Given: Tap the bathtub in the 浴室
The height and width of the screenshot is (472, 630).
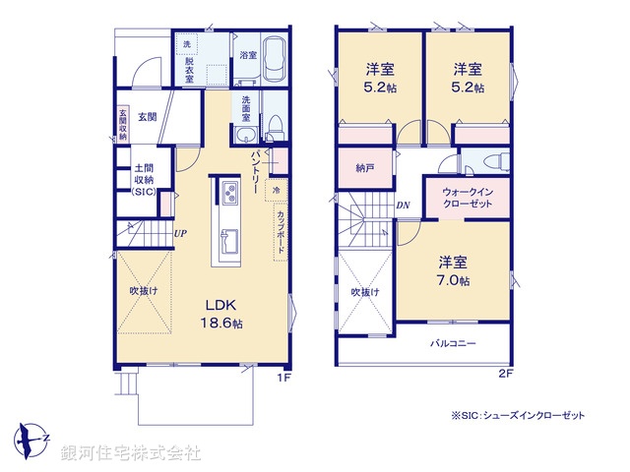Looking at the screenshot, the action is click(275, 59).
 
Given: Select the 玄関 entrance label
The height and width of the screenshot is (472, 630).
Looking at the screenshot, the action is click(147, 117).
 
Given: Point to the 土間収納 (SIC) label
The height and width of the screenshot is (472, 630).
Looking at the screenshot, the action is click(144, 179).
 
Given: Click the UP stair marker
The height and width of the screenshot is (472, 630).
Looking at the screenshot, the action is click(180, 233).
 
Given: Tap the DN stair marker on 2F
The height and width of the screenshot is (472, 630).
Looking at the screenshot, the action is click(403, 206).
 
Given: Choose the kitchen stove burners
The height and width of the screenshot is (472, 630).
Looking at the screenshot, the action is click(229, 193).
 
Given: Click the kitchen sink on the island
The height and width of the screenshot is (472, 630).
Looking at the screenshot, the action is click(229, 241).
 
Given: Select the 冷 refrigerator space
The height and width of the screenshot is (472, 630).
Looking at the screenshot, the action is click(276, 190).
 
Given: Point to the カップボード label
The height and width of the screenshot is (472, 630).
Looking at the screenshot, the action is click(281, 232).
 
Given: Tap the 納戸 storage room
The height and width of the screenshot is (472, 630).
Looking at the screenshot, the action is click(365, 168).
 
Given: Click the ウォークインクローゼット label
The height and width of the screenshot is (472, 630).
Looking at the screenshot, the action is click(468, 198).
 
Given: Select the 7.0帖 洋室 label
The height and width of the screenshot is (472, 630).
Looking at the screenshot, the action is click(453, 271).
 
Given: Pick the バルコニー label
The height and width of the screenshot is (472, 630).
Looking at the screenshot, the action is click(453, 343).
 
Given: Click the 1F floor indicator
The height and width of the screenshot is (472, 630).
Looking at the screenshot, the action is click(283, 378).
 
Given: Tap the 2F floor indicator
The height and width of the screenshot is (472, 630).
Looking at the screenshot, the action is click(506, 374).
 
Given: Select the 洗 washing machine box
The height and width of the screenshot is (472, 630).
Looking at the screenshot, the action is click(187, 44).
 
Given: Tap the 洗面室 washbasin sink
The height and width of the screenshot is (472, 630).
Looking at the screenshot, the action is click(245, 135).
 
